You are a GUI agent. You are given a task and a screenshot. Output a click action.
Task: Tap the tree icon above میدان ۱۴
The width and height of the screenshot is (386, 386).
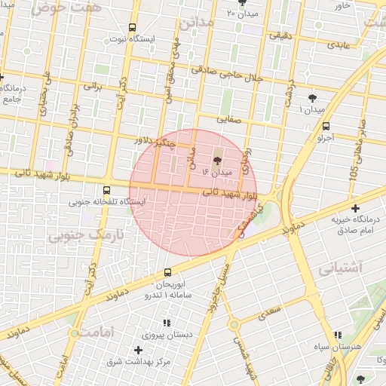[219, 160]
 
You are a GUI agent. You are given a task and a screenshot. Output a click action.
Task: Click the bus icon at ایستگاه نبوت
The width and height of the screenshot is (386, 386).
[133, 26]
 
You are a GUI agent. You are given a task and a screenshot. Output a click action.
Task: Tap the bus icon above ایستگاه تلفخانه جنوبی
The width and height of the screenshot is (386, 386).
[106, 190]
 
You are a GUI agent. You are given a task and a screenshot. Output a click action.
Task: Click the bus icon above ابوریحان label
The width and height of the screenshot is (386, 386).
[167, 272]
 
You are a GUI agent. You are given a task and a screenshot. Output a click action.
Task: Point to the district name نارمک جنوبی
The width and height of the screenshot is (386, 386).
[84, 236]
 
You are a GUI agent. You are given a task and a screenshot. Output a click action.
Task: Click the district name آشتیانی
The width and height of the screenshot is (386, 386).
[340, 268]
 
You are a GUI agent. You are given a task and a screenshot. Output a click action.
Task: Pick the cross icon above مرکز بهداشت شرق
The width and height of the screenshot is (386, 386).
[138, 350]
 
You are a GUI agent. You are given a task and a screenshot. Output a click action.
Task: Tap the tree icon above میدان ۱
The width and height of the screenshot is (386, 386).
[312, 98]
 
